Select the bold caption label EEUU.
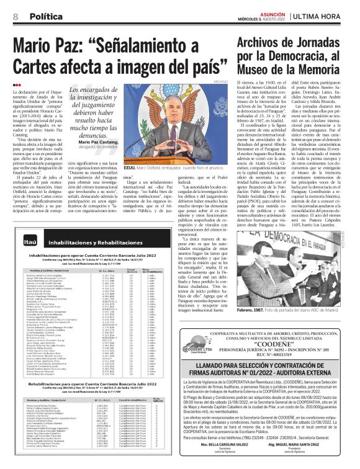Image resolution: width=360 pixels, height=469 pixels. click(x=130, y=167)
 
